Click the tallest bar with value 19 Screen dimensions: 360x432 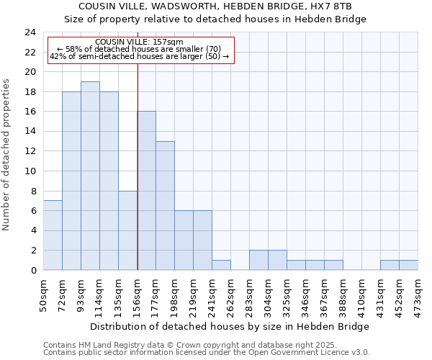tap(90, 176)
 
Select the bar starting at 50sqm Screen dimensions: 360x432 tap(53, 235)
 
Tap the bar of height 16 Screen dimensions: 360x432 tap(146, 191)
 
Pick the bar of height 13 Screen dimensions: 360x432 tap(165, 206)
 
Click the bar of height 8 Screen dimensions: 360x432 tap(127, 230)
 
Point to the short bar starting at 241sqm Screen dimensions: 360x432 tap(221, 265)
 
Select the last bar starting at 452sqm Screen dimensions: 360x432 tap(408, 265)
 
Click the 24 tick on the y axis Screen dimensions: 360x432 tap(30, 32)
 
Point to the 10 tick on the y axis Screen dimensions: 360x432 tap(30, 171)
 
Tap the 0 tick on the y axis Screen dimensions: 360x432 tap(32, 271)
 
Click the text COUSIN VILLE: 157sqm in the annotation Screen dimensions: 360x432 tap(139, 42)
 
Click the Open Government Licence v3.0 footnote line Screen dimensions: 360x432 tap(207, 352)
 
